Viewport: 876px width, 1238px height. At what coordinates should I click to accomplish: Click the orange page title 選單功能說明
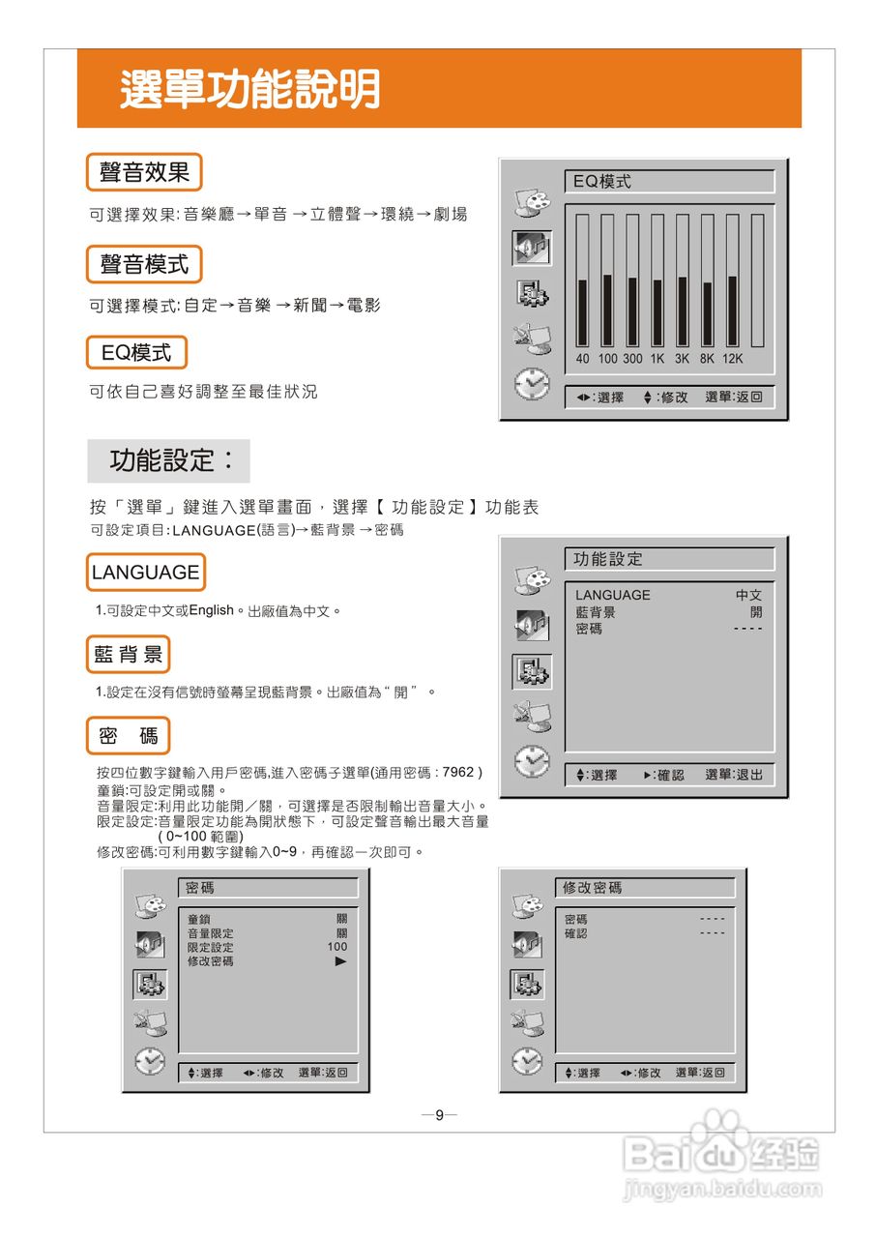[249, 90]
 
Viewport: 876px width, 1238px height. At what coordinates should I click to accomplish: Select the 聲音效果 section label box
[144, 173]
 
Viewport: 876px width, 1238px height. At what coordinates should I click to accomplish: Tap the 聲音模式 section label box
[144, 264]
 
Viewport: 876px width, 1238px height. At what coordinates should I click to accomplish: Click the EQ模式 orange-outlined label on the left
[136, 353]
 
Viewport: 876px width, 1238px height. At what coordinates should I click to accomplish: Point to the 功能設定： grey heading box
[168, 460]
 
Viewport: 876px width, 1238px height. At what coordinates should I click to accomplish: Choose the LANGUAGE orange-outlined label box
[145, 573]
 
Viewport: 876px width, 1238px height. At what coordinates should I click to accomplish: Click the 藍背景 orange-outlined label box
[128, 655]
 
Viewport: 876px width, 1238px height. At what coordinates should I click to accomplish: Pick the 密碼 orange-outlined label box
[128, 736]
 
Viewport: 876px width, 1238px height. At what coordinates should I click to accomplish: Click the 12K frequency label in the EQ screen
[733, 359]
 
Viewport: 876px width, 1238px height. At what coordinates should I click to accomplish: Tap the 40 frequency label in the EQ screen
[583, 359]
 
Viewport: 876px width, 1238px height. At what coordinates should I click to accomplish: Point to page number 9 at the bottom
[439, 1115]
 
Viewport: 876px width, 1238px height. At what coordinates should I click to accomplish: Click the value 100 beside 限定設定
[336, 947]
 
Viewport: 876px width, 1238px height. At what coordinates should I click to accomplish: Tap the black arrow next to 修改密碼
[340, 961]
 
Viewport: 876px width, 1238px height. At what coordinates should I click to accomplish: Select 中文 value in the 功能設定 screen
[748, 596]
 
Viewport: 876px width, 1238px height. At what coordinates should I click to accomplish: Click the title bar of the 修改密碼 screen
[645, 888]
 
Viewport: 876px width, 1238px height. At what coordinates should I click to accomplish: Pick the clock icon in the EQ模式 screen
[531, 385]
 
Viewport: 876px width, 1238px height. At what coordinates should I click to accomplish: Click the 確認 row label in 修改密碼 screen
[576, 933]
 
